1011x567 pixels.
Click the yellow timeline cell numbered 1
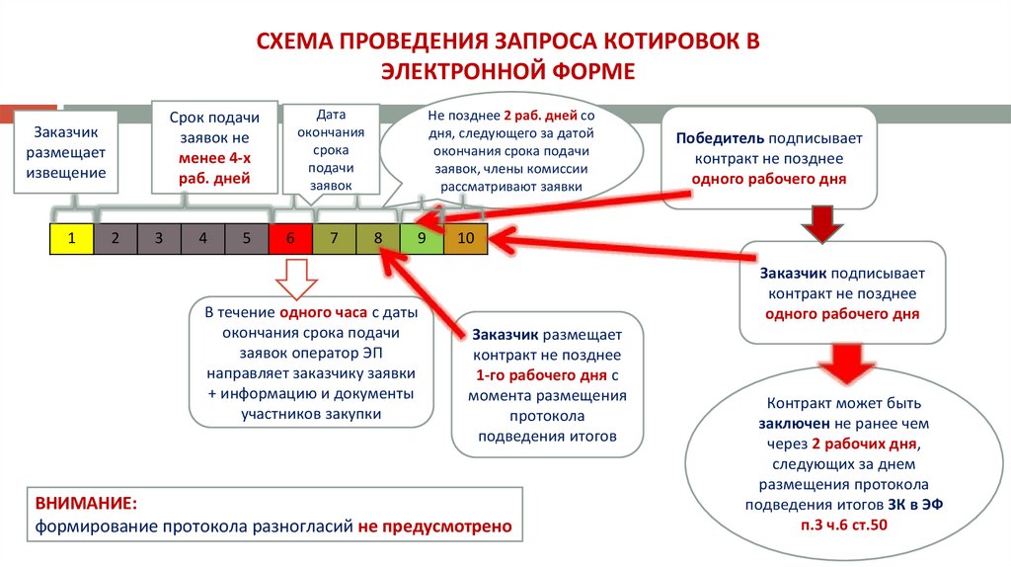[71, 238]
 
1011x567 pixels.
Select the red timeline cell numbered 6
[290, 238]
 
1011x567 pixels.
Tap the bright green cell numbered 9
[422, 238]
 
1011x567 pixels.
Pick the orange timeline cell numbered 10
[466, 238]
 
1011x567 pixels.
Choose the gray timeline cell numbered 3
[159, 238]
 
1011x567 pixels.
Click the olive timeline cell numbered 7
[335, 238]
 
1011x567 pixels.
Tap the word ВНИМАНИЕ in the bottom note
[86, 505]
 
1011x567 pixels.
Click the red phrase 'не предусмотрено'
[435, 526]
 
